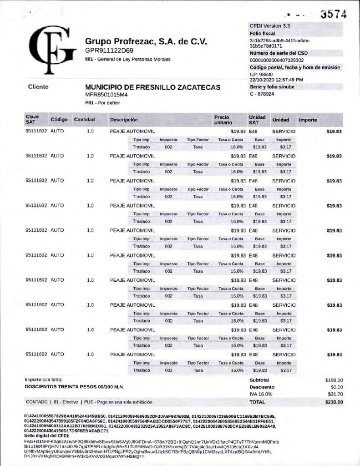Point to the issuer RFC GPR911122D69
pyautogui.click(x=109, y=50)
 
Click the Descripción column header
pyautogui.click(x=124, y=120)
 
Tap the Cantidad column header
pyautogui.click(x=84, y=120)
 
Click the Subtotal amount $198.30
pyautogui.click(x=334, y=380)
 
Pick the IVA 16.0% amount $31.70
pyautogui.click(x=335, y=394)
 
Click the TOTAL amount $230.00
pyautogui.click(x=334, y=402)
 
